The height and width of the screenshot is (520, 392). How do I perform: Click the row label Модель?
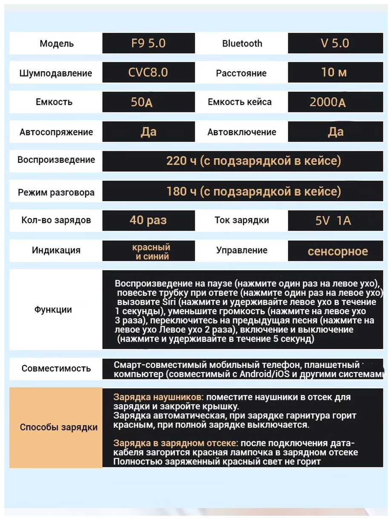tap(56, 43)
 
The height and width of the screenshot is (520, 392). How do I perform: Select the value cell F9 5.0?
tap(148, 43)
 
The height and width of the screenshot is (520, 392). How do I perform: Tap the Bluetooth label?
tap(242, 43)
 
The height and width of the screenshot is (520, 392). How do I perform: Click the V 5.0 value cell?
tap(335, 43)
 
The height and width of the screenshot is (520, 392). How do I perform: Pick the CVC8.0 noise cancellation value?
tap(148, 72)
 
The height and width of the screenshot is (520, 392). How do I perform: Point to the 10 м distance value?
tap(335, 72)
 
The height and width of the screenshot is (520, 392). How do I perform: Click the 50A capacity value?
tap(142, 102)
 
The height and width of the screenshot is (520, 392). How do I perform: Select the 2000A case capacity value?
tap(328, 102)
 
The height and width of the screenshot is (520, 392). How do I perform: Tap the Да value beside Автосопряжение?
tap(148, 132)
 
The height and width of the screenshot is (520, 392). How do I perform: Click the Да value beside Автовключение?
tap(335, 132)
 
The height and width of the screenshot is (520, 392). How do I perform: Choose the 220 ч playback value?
tap(254, 161)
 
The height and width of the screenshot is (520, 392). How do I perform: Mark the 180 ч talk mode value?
tap(254, 191)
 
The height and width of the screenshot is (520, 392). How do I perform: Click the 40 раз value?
tap(148, 220)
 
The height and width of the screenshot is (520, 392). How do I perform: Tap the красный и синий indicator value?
tap(151, 251)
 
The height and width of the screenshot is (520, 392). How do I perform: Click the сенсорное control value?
tap(337, 251)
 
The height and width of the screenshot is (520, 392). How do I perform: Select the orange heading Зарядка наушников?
tap(157, 397)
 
